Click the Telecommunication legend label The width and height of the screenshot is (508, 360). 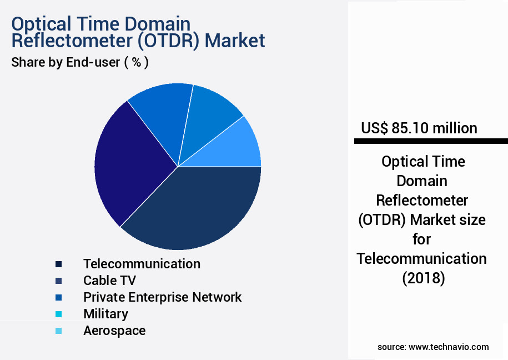click(142, 263)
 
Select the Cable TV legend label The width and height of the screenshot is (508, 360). click(109, 280)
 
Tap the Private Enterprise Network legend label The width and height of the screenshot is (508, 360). click(162, 297)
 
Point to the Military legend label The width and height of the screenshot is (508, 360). click(105, 314)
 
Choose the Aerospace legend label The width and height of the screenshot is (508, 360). click(114, 331)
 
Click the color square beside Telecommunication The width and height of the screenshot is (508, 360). click(58, 264)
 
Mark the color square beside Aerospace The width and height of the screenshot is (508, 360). click(58, 331)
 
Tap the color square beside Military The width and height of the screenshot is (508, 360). click(58, 314)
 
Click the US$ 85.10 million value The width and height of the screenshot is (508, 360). click(419, 128)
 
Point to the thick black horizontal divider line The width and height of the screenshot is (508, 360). click(431, 142)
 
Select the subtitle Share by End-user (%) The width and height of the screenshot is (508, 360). click(79, 62)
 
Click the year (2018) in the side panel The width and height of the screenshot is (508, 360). click(424, 277)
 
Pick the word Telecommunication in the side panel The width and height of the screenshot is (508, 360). click(422, 258)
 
